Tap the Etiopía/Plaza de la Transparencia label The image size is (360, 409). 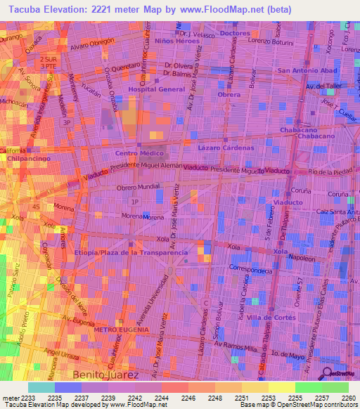coord(131,252)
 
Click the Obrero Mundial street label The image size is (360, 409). coord(138,188)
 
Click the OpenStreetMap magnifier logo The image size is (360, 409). coord(327,372)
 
